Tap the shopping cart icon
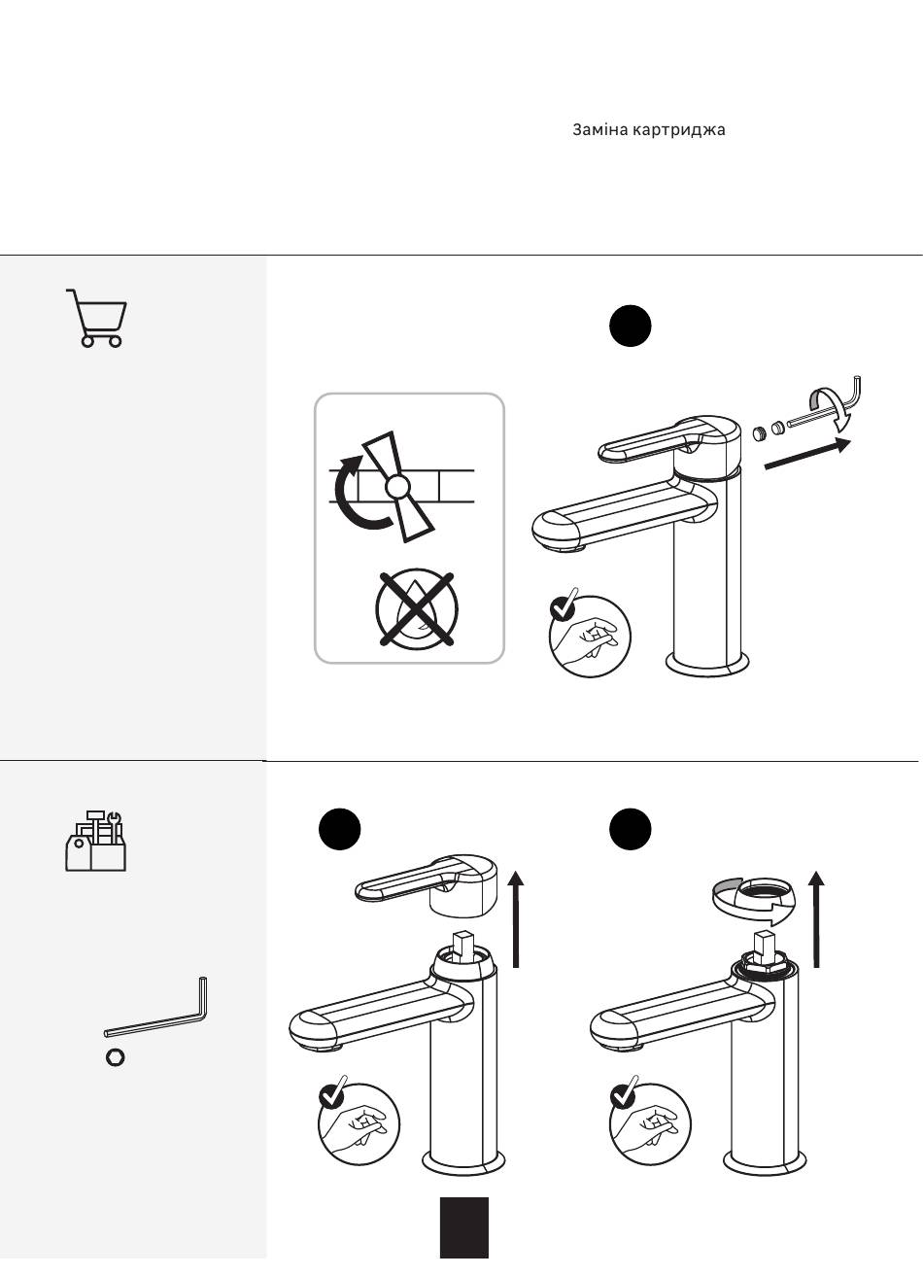tap(96, 318)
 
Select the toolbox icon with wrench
tap(95, 841)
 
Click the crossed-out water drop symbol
tap(417, 608)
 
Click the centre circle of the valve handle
tap(396, 487)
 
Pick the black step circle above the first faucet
tap(630, 326)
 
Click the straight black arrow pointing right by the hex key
tap(807, 454)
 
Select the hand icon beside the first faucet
tap(590, 636)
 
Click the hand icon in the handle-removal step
tap(359, 1124)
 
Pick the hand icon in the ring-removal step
tap(650, 1124)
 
